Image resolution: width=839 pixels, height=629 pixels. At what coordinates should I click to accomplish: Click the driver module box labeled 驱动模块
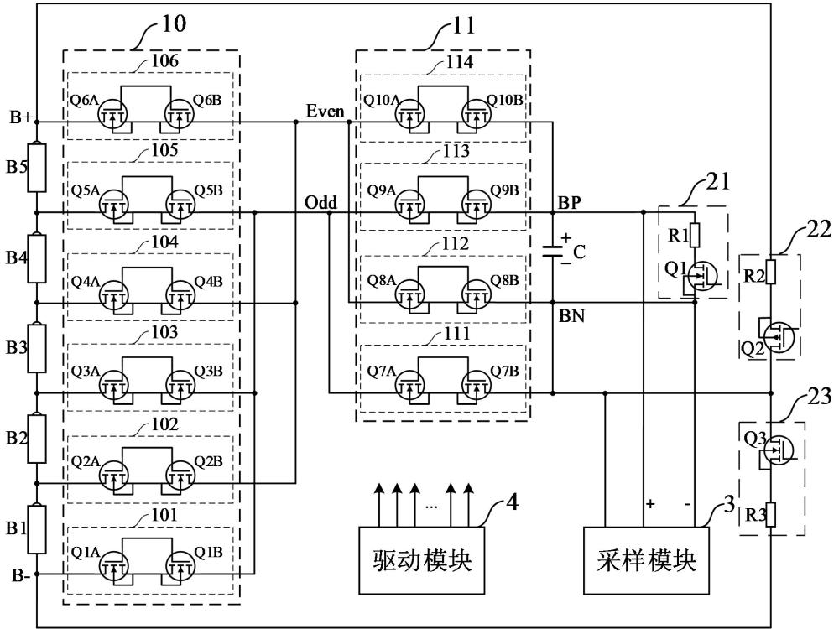tap(422, 560)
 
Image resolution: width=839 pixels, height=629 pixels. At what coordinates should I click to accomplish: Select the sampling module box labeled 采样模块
tap(646, 560)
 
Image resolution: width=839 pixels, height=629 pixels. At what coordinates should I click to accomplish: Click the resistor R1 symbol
tap(695, 234)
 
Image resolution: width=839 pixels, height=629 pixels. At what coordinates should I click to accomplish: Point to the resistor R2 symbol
tap(771, 273)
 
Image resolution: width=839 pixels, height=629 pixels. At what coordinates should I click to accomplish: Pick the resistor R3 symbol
tap(771, 515)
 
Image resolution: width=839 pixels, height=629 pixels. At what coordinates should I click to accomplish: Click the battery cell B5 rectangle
tap(37, 167)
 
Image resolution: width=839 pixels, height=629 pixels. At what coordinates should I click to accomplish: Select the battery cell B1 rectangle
tap(37, 529)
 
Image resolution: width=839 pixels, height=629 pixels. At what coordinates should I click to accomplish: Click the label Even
tap(325, 111)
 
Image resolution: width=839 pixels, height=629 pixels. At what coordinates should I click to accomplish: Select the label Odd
tap(321, 202)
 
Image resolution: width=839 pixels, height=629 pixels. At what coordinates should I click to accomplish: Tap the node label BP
tap(570, 202)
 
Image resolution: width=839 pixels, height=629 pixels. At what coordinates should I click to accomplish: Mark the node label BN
tap(571, 315)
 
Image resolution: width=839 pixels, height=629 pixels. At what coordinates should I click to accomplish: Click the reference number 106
tap(164, 60)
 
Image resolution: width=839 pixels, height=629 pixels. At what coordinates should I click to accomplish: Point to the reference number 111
tap(457, 334)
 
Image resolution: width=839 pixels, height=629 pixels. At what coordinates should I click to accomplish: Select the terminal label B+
tap(22, 117)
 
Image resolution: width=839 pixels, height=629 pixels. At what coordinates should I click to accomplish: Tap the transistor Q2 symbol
tap(777, 336)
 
